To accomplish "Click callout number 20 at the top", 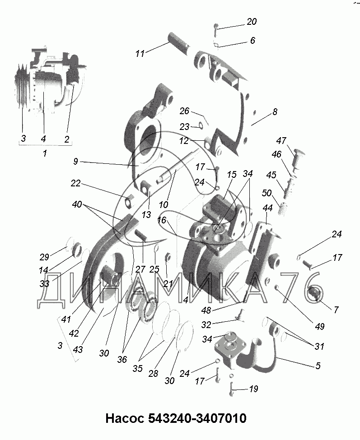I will tap(251, 22).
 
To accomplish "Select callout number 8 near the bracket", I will tap(275, 111).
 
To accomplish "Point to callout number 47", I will tap(281, 140).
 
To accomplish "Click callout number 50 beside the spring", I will tap(267, 194).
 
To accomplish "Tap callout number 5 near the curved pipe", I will tap(318, 366).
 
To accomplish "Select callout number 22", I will tap(75, 183).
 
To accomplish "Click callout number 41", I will tap(66, 319).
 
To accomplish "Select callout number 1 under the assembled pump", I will tap(44, 153).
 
